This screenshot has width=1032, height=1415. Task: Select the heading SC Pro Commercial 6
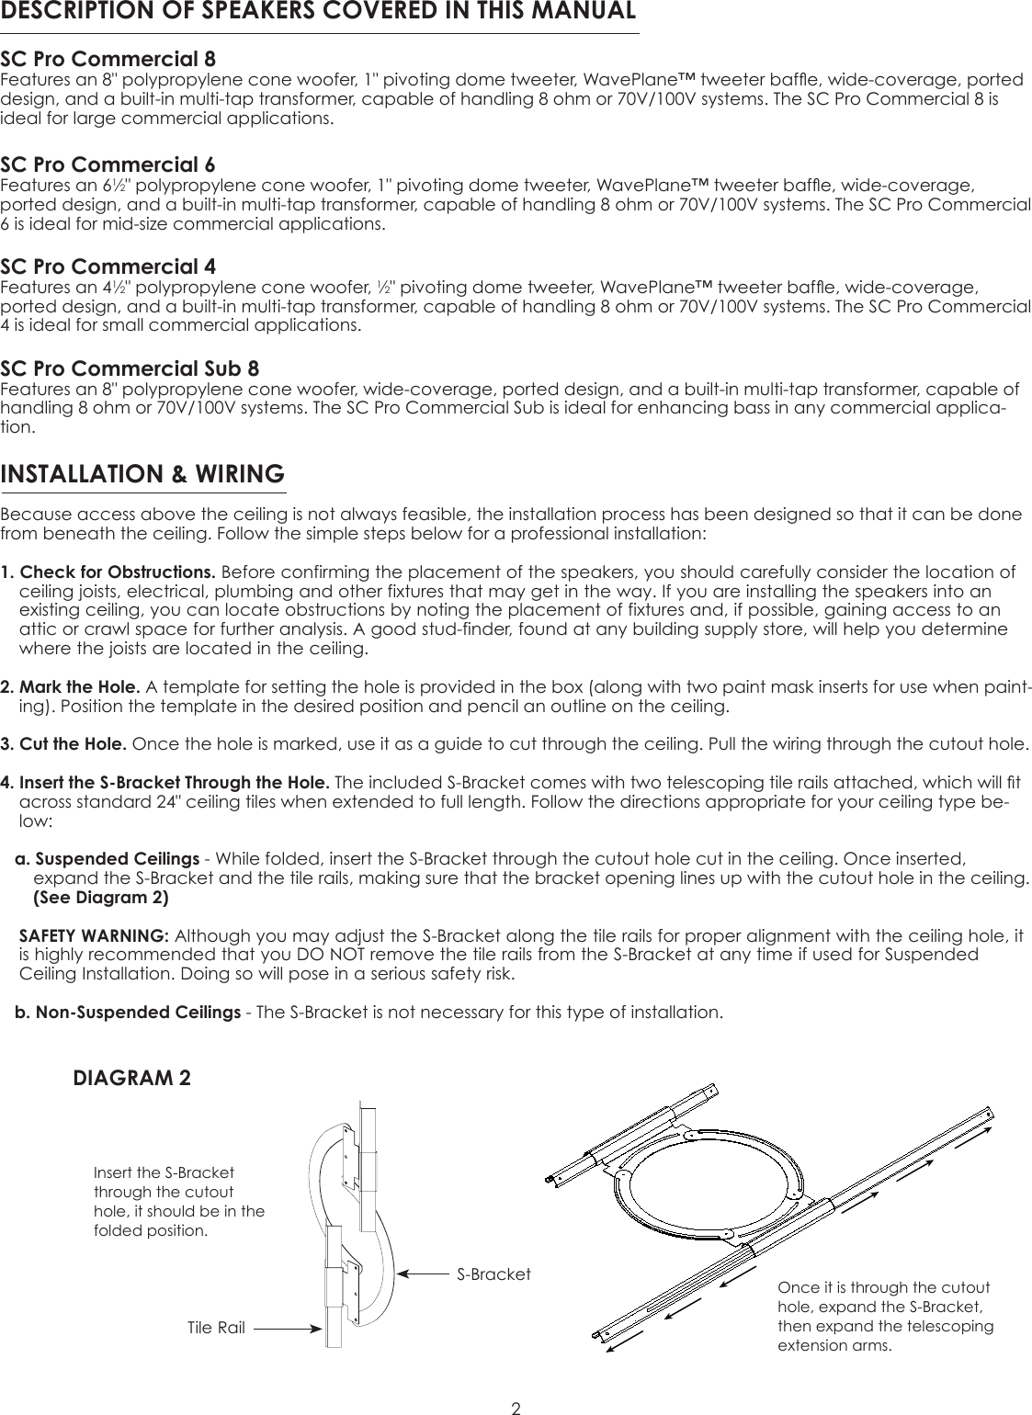tap(108, 165)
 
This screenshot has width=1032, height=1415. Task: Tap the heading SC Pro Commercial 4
tap(108, 267)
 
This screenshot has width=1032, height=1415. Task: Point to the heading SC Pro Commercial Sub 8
tap(130, 369)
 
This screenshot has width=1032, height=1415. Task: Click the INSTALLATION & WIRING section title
tap(142, 475)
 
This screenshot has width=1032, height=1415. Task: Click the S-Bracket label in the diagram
tap(494, 1274)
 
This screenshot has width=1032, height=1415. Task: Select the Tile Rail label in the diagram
tap(216, 1328)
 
